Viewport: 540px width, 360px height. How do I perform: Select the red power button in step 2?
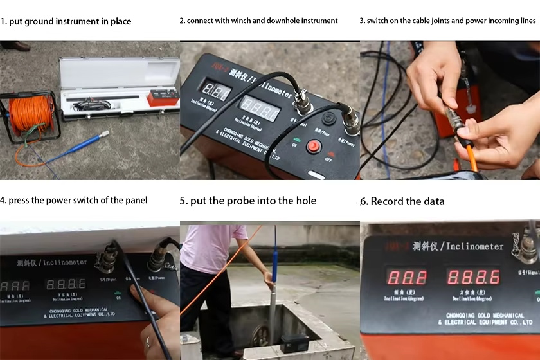pos(313,147)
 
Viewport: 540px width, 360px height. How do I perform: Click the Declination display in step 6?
pos(473,277)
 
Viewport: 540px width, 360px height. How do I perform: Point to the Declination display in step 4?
pos(66,283)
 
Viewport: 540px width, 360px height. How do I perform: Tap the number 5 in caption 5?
pos(183,201)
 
